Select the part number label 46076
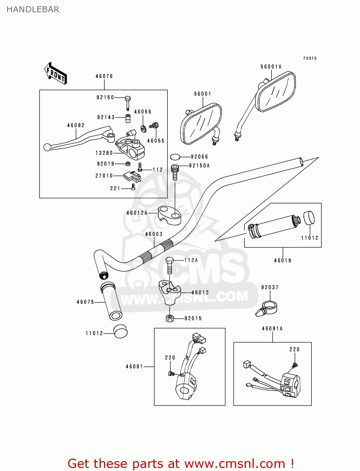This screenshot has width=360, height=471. click(x=104, y=76)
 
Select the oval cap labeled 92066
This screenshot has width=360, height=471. click(x=176, y=157)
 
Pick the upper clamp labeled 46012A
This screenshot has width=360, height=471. click(x=170, y=215)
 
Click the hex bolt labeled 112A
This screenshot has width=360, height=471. click(x=169, y=266)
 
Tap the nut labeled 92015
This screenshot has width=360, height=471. click(x=170, y=318)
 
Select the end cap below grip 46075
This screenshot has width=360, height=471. click(x=121, y=332)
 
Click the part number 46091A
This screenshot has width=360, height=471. click(x=272, y=329)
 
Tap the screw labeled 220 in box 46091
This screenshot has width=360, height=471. click(x=171, y=373)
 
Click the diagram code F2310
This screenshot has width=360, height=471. click(x=310, y=58)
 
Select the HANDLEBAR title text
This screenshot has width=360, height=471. click(x=33, y=9)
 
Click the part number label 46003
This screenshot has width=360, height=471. click(x=154, y=234)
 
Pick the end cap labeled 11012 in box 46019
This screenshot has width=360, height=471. click(x=309, y=218)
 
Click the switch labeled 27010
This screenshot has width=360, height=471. click(x=132, y=177)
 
